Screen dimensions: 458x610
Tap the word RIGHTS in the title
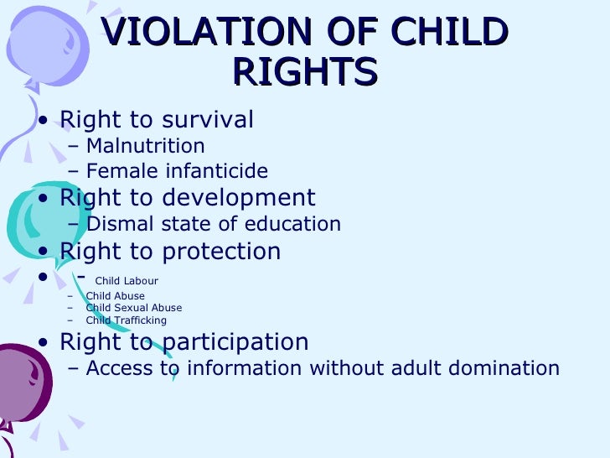pyautogui.click(x=305, y=73)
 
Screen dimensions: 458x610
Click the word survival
pyautogui.click(x=204, y=120)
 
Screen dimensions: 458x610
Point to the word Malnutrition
pyautogui.click(x=145, y=147)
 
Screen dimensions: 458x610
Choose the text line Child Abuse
pyautogui.click(x=115, y=296)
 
